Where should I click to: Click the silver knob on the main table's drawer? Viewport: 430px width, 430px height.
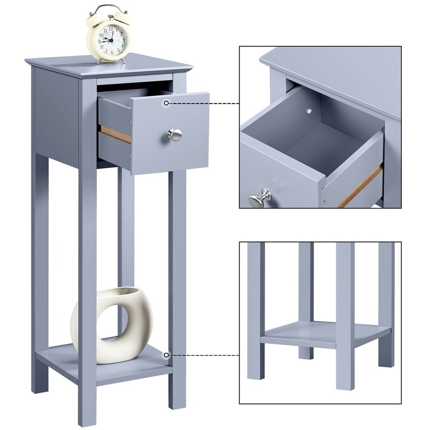click(175, 134)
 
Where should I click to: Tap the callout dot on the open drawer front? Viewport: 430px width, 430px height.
click(166, 103)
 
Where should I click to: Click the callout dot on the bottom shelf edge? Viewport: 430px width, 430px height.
click(166, 355)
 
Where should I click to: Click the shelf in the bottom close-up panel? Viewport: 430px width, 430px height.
click(322, 333)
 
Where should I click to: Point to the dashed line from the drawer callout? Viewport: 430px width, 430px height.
click(204, 103)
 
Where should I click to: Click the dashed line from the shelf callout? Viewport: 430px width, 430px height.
click(204, 355)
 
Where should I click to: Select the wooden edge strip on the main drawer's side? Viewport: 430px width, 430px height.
click(115, 134)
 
